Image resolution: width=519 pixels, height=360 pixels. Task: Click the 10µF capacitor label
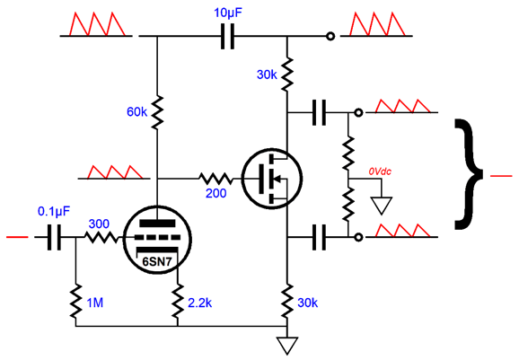click(x=228, y=13)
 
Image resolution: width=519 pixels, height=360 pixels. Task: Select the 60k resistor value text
click(x=136, y=112)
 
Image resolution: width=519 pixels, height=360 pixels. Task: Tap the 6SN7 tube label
click(x=157, y=262)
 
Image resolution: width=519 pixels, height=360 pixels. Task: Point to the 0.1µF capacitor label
click(x=54, y=211)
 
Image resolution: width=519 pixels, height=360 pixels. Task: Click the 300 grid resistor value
click(x=99, y=224)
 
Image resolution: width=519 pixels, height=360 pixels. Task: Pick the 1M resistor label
click(x=94, y=303)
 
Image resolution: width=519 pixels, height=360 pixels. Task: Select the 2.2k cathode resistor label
click(x=200, y=303)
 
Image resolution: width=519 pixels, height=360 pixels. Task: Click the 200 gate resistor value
click(x=216, y=193)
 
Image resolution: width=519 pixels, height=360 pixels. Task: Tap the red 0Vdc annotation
click(x=380, y=171)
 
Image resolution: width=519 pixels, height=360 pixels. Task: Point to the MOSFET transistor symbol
click(x=272, y=179)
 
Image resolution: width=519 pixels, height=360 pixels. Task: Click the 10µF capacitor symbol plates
click(x=227, y=36)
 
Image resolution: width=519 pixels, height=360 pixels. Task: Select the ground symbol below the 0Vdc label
click(x=382, y=206)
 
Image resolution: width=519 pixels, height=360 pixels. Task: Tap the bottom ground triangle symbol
click(x=287, y=346)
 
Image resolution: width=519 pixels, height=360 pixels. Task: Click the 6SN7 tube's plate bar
click(x=157, y=224)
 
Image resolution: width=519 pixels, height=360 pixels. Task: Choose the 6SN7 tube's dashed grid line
click(x=157, y=237)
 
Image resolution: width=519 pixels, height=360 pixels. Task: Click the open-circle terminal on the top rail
click(x=330, y=36)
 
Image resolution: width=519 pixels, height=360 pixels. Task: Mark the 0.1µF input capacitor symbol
click(x=54, y=237)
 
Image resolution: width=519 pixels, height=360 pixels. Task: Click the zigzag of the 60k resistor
click(x=157, y=112)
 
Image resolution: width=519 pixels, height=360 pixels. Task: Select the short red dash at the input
click(x=17, y=237)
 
